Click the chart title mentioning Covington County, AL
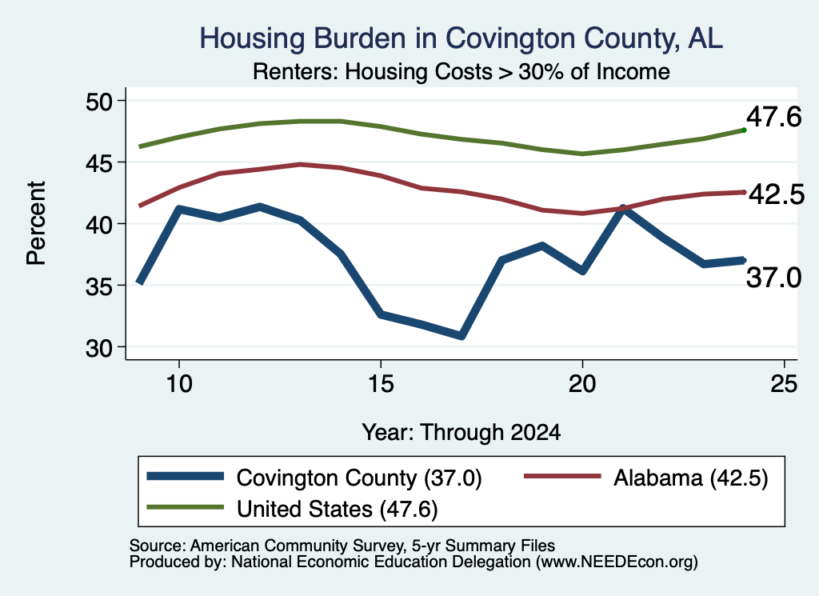pyautogui.click(x=461, y=38)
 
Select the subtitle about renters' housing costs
pyautogui.click(x=461, y=72)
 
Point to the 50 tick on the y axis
pyautogui.click(x=99, y=102)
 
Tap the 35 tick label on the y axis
pyautogui.click(x=99, y=286)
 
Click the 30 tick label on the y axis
pyautogui.click(x=99, y=348)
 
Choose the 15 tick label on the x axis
pyautogui.click(x=381, y=385)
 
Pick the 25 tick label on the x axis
pyautogui.click(x=784, y=385)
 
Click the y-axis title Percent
pyautogui.click(x=36, y=223)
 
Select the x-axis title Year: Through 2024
pyautogui.click(x=461, y=433)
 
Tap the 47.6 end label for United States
pyautogui.click(x=773, y=117)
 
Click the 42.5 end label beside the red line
pyautogui.click(x=777, y=195)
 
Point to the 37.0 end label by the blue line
pyautogui.click(x=773, y=278)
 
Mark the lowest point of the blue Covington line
pyautogui.click(x=461, y=336)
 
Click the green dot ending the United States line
pyautogui.click(x=744, y=130)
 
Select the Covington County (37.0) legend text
pyautogui.click(x=359, y=478)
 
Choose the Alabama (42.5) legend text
pyautogui.click(x=690, y=478)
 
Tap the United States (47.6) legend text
pyautogui.click(x=337, y=510)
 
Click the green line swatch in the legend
pyautogui.click(x=186, y=507)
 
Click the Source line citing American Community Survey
pyautogui.click(x=342, y=546)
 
